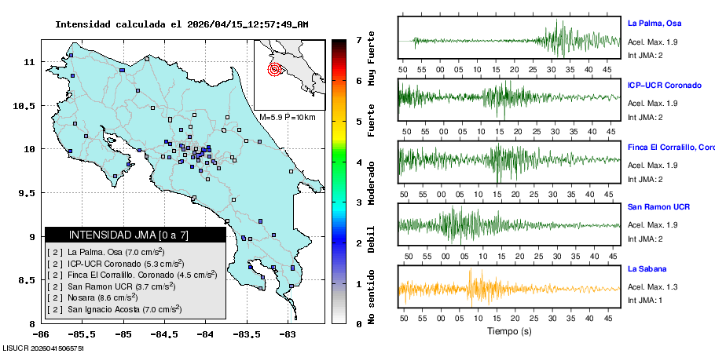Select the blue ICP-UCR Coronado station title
[664, 85]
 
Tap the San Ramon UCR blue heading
[658, 207]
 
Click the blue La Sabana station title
[647, 269]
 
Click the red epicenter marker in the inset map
[274, 69]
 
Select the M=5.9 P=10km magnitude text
[287, 118]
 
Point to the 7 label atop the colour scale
[358, 39]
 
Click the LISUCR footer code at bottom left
[42, 347]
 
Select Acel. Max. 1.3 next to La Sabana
[652, 287]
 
